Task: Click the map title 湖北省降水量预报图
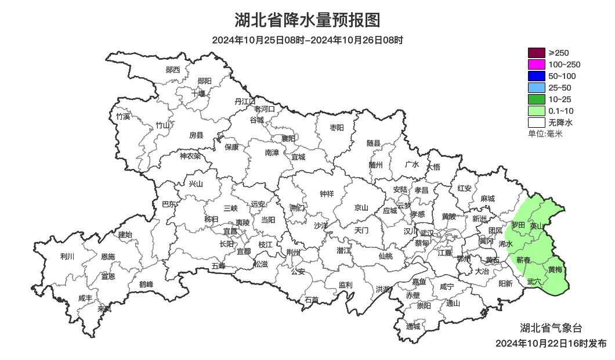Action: click(307, 20)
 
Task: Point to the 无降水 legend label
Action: click(560, 123)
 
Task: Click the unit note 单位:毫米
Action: click(545, 134)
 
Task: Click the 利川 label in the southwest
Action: click(67, 257)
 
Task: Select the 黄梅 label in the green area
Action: click(555, 269)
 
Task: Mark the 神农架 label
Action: click(190, 156)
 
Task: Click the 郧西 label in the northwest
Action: click(173, 70)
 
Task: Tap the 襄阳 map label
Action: click(288, 138)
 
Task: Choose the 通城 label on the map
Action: click(413, 326)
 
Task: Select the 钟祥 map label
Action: click(327, 194)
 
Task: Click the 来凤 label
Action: click(104, 308)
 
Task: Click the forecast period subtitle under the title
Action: click(307, 40)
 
